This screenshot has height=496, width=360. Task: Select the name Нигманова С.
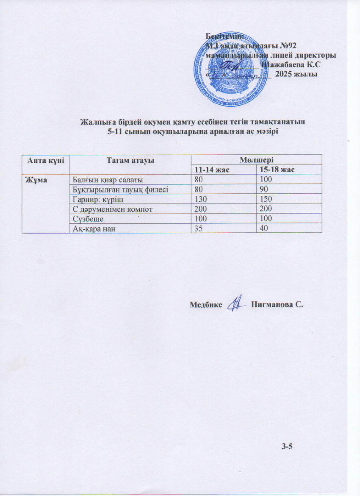[278, 304]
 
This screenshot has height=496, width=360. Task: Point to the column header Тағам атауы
[130, 160]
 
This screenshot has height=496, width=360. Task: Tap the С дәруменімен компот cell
[110, 209]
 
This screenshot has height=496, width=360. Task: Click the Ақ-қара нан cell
[94, 229]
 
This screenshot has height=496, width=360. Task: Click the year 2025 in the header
[284, 74]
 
